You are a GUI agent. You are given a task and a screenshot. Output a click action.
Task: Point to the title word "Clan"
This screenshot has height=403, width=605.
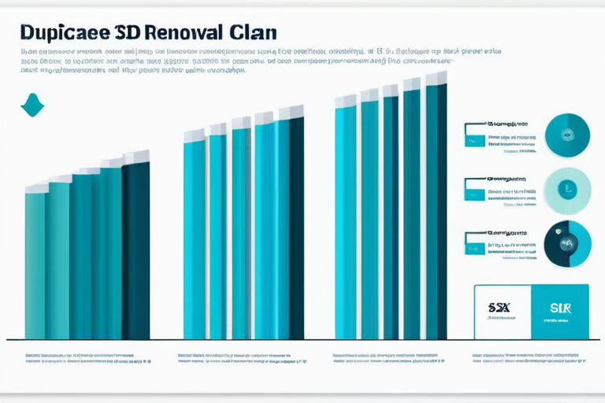254,33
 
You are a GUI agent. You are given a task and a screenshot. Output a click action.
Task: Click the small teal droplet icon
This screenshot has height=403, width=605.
32,105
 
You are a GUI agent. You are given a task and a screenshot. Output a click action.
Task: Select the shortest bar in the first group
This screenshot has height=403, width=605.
35,264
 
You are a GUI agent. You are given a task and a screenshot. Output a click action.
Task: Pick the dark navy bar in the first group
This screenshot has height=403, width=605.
135,248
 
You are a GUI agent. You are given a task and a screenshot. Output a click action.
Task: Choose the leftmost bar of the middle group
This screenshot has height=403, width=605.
194,236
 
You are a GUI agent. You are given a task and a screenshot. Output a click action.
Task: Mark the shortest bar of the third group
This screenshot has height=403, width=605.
345,220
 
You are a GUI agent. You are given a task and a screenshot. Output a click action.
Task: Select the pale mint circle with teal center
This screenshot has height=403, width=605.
567,190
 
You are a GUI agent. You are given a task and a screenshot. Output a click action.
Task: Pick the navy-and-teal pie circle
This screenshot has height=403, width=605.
567,243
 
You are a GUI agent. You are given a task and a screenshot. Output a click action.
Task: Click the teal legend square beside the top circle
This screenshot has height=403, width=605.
475,141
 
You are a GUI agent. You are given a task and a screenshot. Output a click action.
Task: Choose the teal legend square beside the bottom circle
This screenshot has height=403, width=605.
475,248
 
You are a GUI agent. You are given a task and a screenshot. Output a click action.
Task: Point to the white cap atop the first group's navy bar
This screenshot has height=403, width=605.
136,157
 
